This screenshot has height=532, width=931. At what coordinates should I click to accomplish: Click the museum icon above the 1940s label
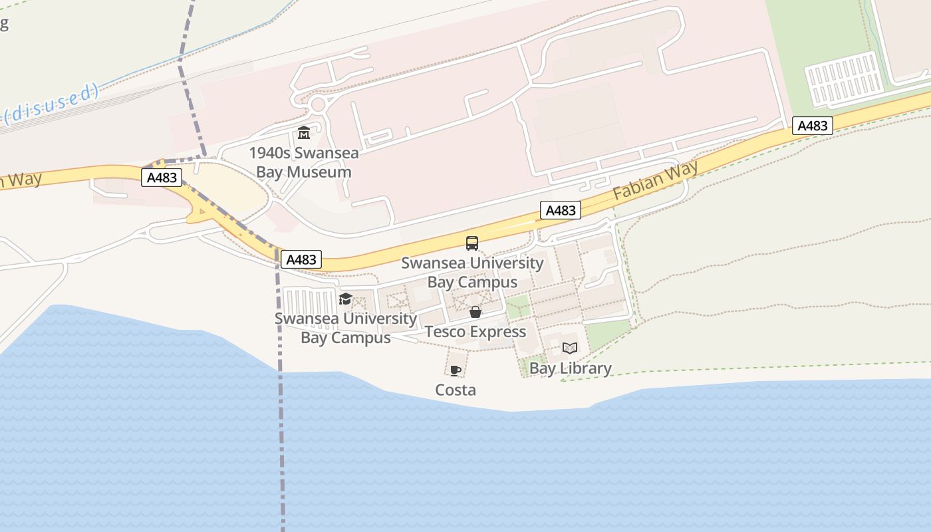tap(304, 132)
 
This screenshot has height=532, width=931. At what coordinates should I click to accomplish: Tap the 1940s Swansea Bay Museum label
tap(304, 162)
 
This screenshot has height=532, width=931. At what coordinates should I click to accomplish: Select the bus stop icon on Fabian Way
tap(472, 243)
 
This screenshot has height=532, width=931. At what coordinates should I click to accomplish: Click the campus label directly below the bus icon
tap(472, 273)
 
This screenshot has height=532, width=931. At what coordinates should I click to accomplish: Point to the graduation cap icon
tap(345, 299)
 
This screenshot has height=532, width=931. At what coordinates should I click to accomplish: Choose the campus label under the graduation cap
tap(346, 328)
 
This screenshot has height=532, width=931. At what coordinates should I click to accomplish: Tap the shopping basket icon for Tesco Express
tap(475, 312)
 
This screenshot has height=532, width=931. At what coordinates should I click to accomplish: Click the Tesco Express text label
tap(475, 332)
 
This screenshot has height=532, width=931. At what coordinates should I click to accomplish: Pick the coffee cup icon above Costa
tap(455, 370)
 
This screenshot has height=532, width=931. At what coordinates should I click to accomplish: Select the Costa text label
tap(456, 390)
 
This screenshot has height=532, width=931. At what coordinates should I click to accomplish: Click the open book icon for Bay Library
tap(570, 348)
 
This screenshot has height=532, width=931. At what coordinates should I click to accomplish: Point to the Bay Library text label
tap(570, 368)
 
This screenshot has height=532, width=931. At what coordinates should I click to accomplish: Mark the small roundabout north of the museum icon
tap(318, 104)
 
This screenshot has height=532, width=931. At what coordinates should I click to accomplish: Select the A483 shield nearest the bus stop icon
tap(560, 210)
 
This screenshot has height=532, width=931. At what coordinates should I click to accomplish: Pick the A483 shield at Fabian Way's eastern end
tap(812, 126)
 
